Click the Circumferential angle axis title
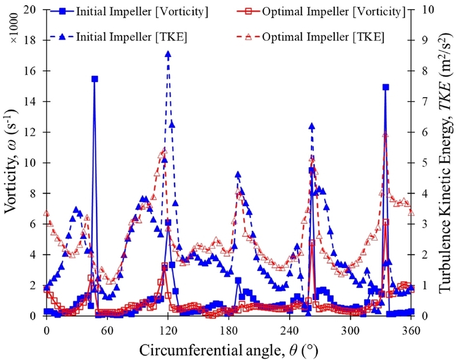(228, 347)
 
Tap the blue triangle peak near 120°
(168, 54)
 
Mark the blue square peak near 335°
(386, 87)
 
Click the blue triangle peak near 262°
(311, 126)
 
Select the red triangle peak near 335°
(386, 135)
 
